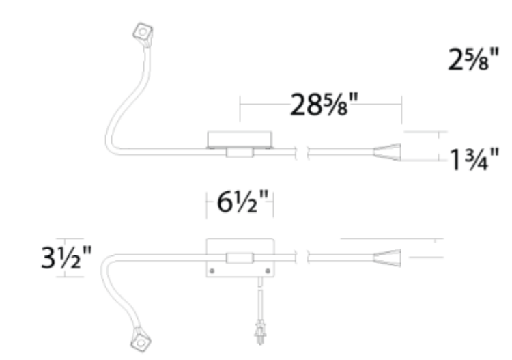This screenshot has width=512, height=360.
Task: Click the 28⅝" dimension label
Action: tap(324, 105)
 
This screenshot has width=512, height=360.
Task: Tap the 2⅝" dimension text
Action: tap(474, 59)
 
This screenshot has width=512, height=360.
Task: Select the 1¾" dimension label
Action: tap(474, 160)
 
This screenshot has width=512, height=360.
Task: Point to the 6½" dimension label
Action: tap(242, 202)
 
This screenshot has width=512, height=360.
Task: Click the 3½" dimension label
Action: tap(66, 258)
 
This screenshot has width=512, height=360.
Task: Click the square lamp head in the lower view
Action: tap(141, 341)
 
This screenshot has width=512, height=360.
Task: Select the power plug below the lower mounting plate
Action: tap(260, 332)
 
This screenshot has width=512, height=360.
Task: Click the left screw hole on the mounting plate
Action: tap(212, 271)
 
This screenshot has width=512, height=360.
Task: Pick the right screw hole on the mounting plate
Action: tap(268, 271)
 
